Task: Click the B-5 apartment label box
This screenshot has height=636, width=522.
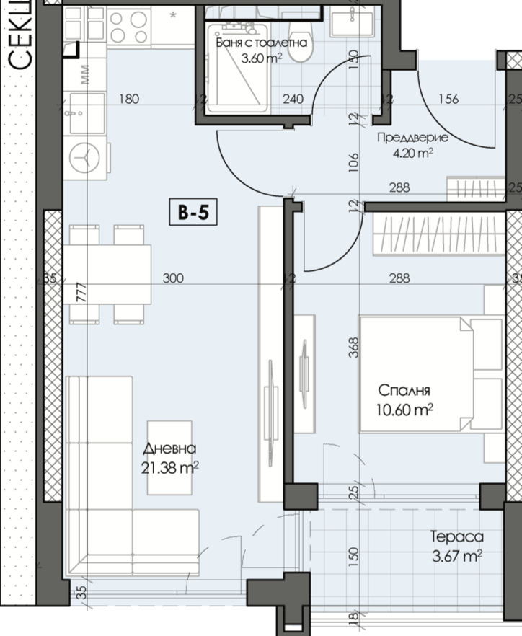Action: [193, 213]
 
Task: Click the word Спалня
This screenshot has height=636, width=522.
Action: [404, 390]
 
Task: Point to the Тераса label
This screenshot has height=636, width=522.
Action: [456, 536]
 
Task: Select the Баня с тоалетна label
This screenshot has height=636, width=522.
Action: [262, 43]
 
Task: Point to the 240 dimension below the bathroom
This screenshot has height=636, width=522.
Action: [293, 100]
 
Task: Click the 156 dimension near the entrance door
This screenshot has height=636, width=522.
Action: [448, 100]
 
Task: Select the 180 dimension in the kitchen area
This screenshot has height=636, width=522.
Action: [128, 100]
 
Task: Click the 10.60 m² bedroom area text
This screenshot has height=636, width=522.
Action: [405, 410]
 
